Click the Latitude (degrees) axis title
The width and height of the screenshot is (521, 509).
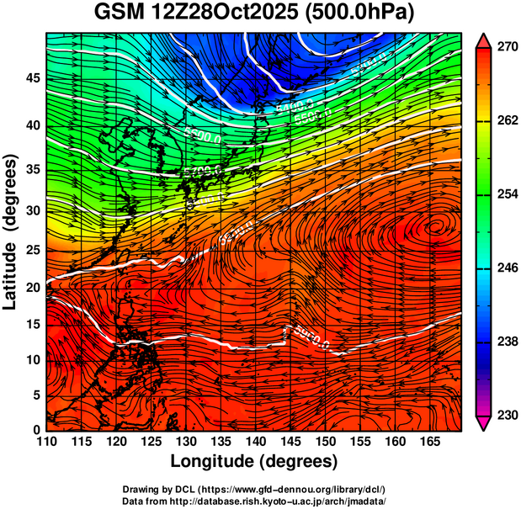click(12, 231)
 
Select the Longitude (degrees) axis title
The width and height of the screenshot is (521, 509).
click(254, 461)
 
